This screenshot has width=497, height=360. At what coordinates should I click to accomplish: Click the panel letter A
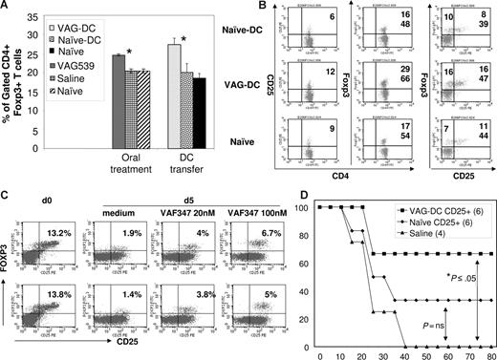pyautogui.click(x=7, y=9)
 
